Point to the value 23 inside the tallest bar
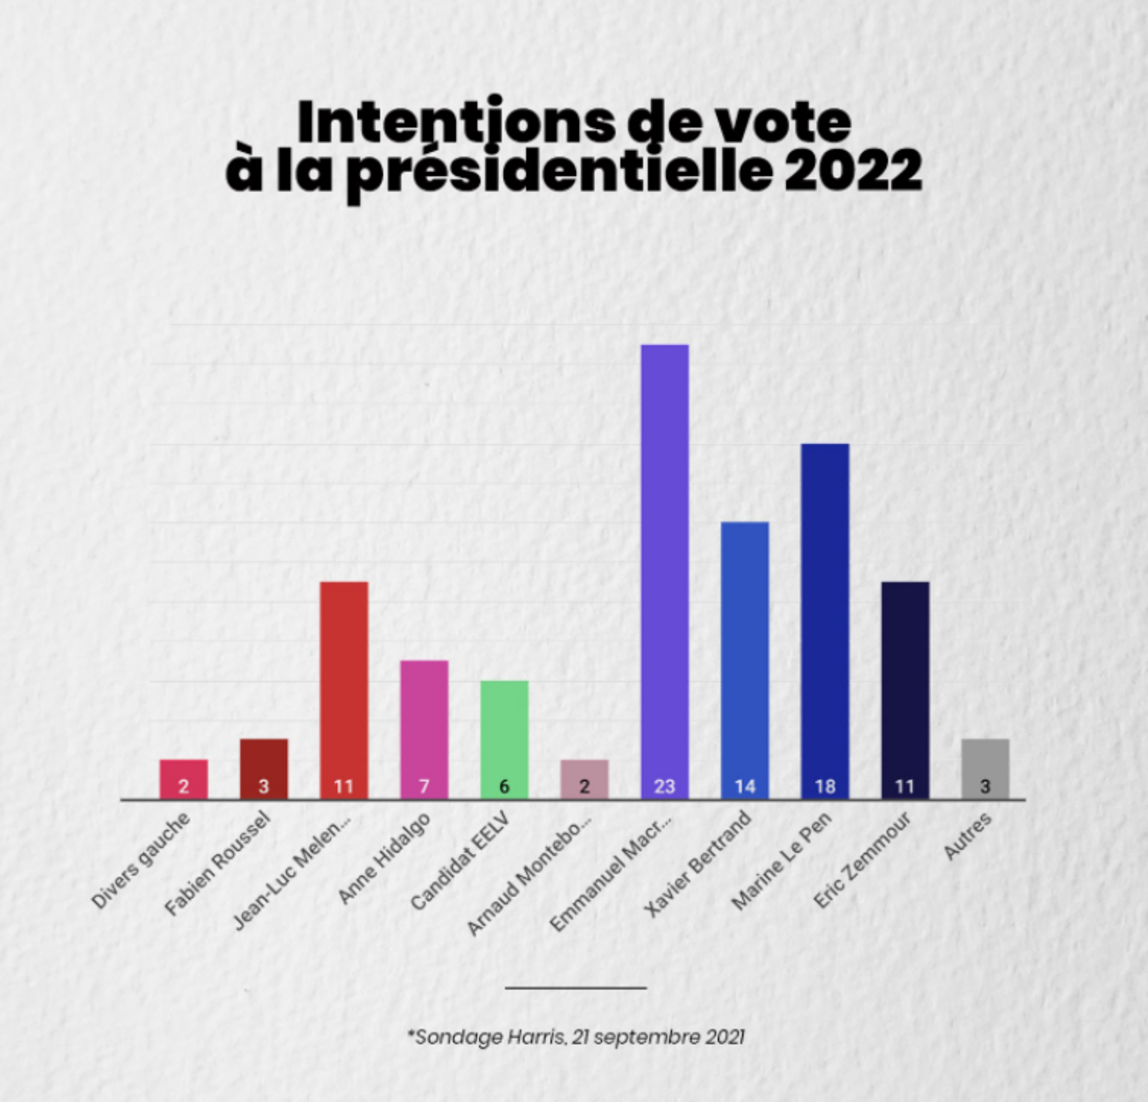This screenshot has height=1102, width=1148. pyautogui.click(x=665, y=786)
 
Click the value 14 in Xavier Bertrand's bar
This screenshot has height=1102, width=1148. pyautogui.click(x=745, y=786)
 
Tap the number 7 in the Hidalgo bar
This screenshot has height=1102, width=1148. pyautogui.click(x=424, y=786)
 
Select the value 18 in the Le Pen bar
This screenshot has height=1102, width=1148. pyautogui.click(x=824, y=786)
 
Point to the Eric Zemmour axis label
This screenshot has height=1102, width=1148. pyautogui.click(x=863, y=859)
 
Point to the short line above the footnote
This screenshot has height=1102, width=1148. pyautogui.click(x=576, y=988)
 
